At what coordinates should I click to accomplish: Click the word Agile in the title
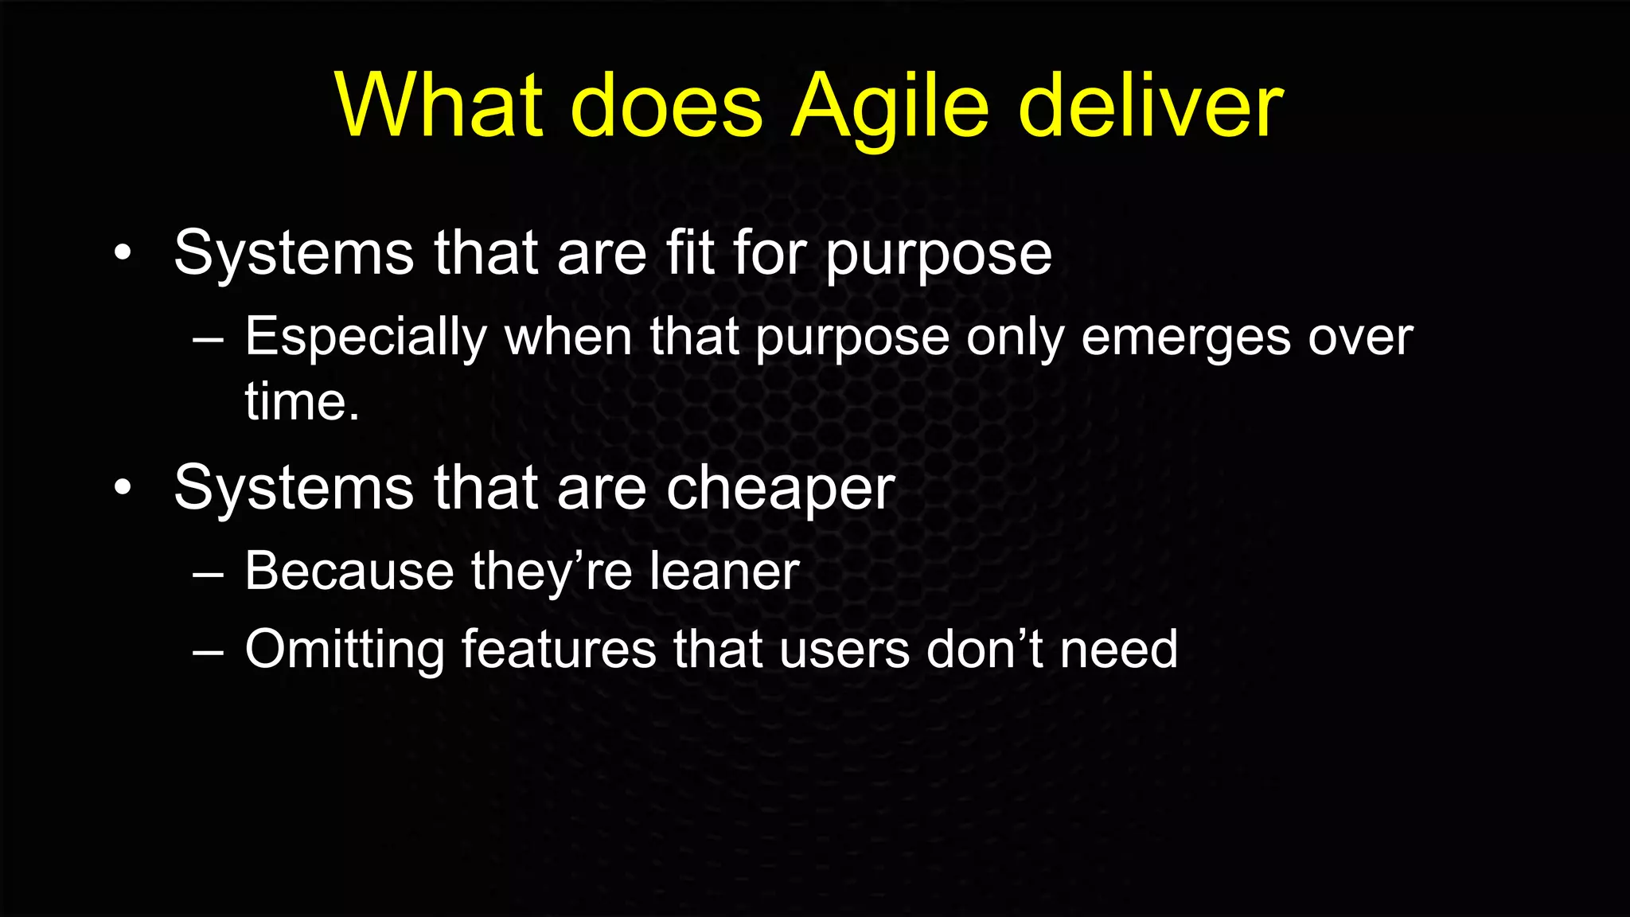tap(891, 107)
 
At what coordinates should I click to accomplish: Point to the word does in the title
tap(667, 107)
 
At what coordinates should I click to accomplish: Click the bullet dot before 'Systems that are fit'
tap(122, 254)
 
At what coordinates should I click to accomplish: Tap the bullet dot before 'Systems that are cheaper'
tap(122, 488)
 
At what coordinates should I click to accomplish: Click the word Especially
tap(365, 338)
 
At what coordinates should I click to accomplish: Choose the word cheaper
tap(780, 490)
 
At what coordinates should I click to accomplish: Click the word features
tap(559, 650)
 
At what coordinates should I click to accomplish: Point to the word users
tap(844, 650)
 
